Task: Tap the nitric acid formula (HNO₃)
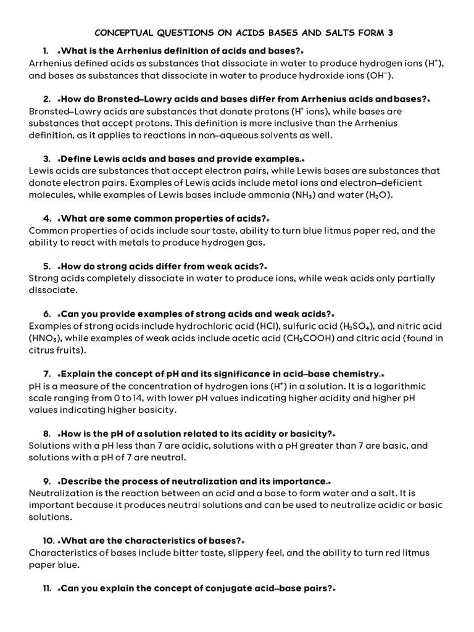tap(45, 338)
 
